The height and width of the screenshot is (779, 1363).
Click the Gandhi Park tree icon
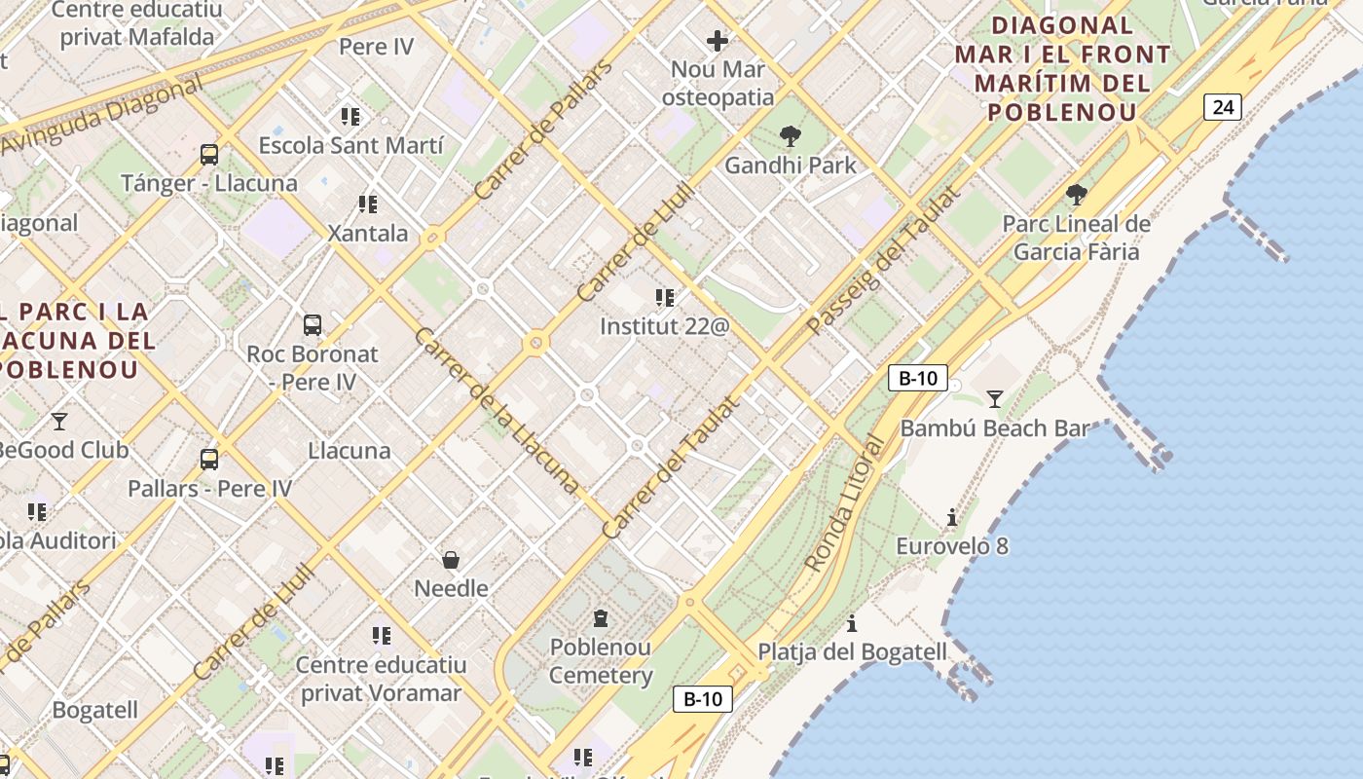pyautogui.click(x=790, y=136)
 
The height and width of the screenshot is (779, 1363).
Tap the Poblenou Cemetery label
pyautogui.click(x=601, y=661)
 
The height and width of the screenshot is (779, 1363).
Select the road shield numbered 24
pyautogui.click(x=1223, y=106)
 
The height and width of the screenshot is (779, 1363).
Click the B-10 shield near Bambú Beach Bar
pyautogui.click(x=917, y=378)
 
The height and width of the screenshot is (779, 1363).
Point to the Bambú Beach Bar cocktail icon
pyautogui.click(x=994, y=398)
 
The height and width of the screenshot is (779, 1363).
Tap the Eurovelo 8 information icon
pyautogui.click(x=952, y=517)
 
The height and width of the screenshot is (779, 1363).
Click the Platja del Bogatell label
pyautogui.click(x=852, y=651)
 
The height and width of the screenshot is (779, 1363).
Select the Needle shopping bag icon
pyautogui.click(x=451, y=560)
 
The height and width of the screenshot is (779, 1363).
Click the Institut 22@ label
pyautogui.click(x=664, y=326)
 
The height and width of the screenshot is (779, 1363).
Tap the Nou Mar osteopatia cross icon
pyautogui.click(x=718, y=41)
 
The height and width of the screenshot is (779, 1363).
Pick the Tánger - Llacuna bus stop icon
pyautogui.click(x=209, y=154)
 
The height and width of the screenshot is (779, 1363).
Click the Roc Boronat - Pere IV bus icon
pyautogui.click(x=312, y=325)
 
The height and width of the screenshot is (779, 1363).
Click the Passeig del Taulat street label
pyautogui.click(x=882, y=261)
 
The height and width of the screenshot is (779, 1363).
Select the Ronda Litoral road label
pyautogui.click(x=846, y=504)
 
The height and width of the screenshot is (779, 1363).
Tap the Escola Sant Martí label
pyautogui.click(x=350, y=146)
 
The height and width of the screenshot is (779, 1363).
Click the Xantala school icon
pyautogui.click(x=367, y=204)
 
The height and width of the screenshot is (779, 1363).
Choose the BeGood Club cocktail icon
pyautogui.click(x=59, y=422)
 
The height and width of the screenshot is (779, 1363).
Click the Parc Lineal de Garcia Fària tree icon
pyautogui.click(x=1076, y=194)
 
